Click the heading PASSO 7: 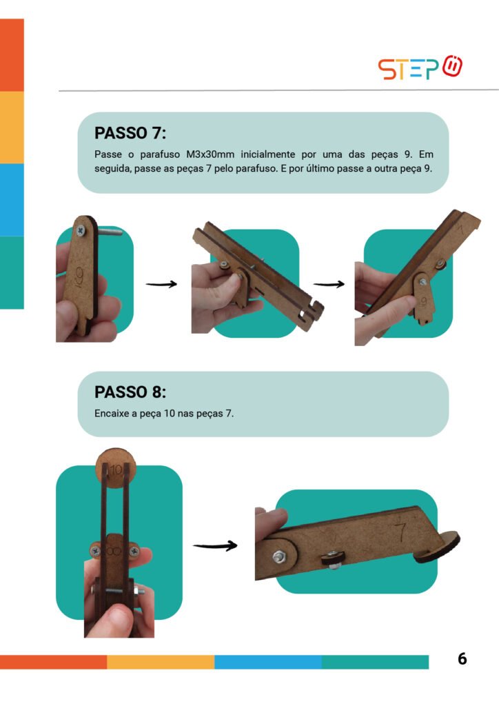point(130,133)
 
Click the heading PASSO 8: point(130,392)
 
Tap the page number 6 point(462,658)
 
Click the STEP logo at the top point(420,68)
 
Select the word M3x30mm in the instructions point(210,154)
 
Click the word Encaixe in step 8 point(112,414)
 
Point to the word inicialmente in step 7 point(267,154)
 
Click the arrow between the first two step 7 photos point(161,284)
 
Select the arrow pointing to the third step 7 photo point(329,284)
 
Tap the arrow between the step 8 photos point(215,546)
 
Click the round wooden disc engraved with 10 point(116,468)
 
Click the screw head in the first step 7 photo point(81,231)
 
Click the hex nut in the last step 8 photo point(278,556)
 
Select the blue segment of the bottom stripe point(267,662)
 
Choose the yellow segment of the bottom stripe point(161,662)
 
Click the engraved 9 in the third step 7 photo point(423,302)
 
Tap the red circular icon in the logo point(452,66)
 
